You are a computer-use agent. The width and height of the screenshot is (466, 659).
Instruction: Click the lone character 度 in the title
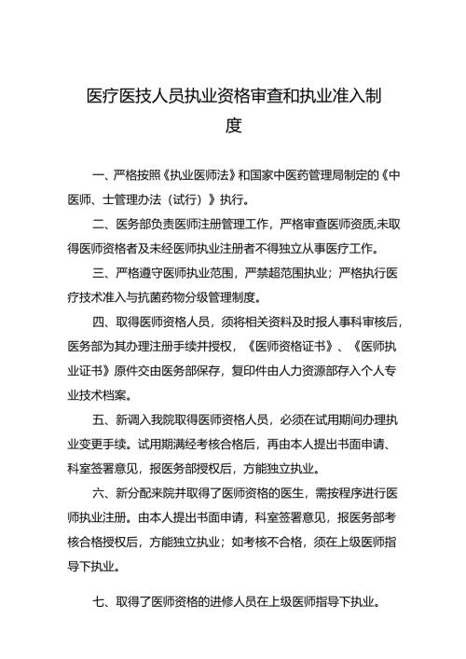233,125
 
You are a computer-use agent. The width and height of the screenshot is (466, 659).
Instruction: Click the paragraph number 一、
103,174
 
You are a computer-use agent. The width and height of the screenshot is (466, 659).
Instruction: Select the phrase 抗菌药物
179,298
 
